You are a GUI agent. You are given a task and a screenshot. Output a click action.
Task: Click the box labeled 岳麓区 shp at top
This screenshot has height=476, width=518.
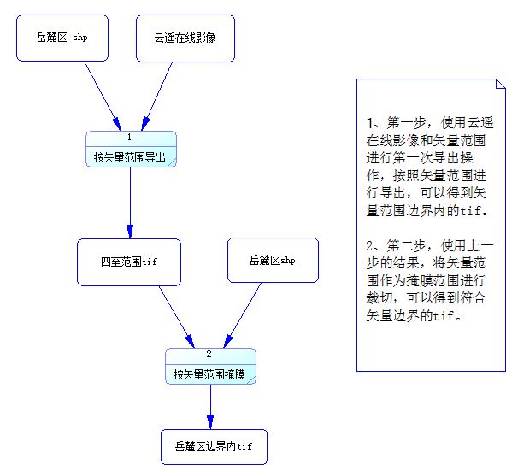tap(62, 38)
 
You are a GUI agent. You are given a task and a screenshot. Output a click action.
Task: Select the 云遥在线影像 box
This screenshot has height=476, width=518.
tap(185, 38)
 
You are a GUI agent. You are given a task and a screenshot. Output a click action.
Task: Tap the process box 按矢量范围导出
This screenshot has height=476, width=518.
tap(131, 157)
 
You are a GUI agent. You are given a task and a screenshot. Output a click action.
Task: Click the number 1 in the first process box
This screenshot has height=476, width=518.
tap(129, 137)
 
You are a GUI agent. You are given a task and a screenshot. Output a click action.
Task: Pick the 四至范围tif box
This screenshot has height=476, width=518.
tap(129, 261)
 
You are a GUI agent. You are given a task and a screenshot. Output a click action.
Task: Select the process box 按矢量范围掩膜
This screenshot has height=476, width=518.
tap(209, 373)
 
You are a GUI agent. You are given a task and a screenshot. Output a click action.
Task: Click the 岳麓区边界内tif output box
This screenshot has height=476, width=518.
tap(214, 446)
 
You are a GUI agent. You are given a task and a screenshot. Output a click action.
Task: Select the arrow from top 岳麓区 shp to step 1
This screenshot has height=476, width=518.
tap(101, 96)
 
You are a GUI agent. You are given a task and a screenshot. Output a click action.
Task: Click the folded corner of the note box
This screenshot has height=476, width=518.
tap(499, 83)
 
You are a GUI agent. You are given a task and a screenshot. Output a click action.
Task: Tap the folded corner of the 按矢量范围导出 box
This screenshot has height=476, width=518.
tap(171, 163)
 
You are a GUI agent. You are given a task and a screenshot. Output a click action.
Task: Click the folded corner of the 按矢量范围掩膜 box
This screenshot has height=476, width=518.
tap(250, 379)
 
